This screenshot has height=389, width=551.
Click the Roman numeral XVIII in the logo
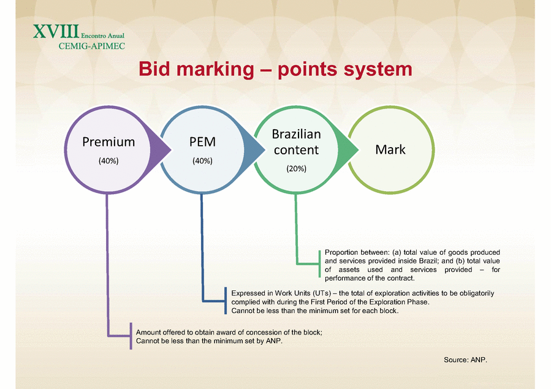point(56,31)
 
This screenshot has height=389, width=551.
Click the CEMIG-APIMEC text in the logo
point(92,46)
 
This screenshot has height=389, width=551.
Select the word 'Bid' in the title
point(154,69)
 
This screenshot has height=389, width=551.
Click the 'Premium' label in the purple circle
point(108,142)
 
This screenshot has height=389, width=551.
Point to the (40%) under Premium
point(108,161)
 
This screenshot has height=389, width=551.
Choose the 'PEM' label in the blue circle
point(202,142)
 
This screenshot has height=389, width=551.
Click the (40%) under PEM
point(202,161)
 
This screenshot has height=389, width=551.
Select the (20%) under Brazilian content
point(296,168)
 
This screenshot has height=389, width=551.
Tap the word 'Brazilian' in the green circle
point(296,134)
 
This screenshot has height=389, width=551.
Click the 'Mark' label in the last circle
point(390,149)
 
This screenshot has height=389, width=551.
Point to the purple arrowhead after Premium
point(160,150)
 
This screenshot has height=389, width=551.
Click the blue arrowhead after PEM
point(254,150)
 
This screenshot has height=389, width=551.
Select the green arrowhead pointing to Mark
point(348,150)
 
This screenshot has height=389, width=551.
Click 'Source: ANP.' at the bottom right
point(465,360)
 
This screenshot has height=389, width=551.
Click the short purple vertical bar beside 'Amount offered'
point(131,336)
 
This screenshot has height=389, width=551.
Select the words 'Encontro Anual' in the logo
point(102,36)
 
